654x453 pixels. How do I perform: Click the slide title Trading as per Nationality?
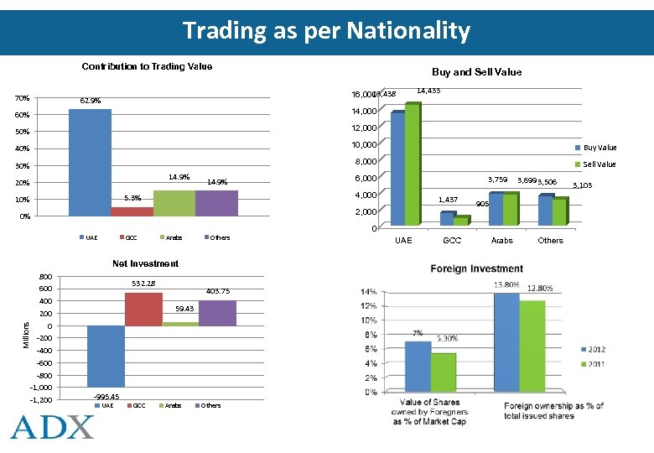326,31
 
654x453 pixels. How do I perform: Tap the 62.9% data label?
91,101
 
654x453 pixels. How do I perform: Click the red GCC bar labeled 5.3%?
132,211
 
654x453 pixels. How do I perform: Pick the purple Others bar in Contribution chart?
216,203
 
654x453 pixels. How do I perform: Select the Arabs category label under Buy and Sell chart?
503,241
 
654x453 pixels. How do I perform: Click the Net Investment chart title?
146,263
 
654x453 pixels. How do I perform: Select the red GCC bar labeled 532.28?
143,309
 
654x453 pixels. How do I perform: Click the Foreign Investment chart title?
476,269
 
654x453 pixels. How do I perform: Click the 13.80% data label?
506,284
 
